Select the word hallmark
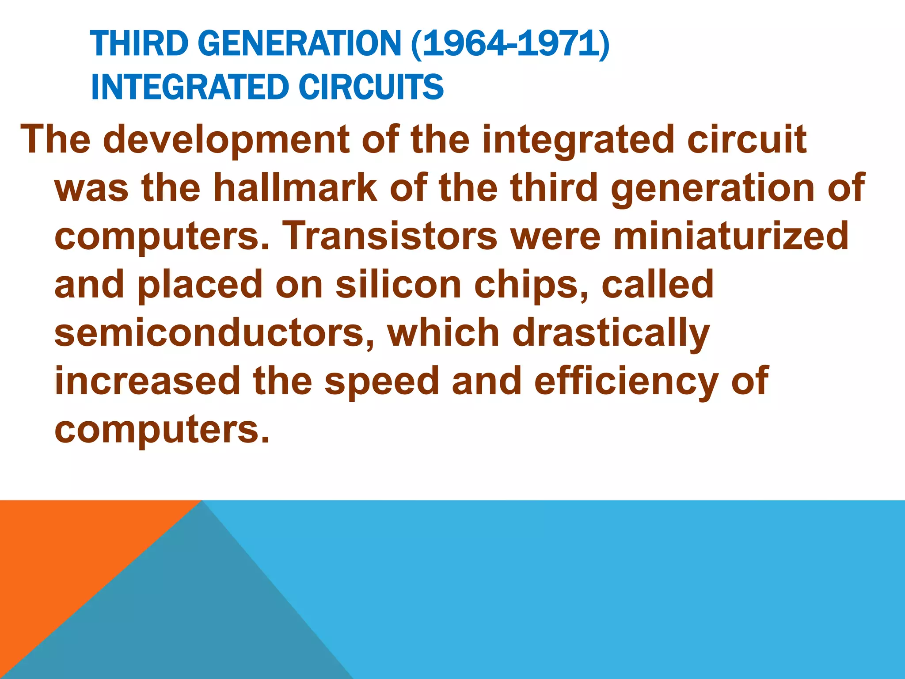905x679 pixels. click(295, 188)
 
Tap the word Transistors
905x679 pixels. click(390, 236)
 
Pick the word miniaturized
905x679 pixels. click(731, 236)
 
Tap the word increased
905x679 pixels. click(148, 381)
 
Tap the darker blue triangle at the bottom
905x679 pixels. click(199, 619)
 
